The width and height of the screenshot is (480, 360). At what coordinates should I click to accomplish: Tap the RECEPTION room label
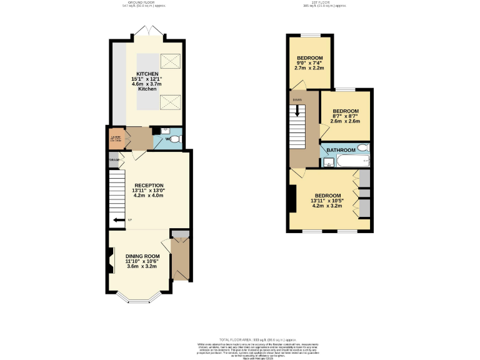tap(149, 185)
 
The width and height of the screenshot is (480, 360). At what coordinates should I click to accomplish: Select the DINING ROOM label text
tap(142, 256)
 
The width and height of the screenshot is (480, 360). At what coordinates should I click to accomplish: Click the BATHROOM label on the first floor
tap(341, 150)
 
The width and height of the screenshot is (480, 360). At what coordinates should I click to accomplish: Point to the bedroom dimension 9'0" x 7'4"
tap(309, 62)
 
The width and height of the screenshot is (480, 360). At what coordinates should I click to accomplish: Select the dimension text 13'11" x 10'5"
tap(327, 201)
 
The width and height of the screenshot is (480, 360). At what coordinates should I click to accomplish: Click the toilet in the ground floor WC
tap(174, 139)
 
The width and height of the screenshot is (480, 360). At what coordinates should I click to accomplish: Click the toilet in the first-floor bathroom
tap(363, 148)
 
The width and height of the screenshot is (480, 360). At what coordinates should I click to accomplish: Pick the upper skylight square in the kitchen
tap(169, 61)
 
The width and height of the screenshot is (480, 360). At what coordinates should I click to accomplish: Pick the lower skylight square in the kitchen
tap(169, 101)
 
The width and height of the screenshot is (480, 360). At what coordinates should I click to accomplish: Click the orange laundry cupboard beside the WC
tap(115, 138)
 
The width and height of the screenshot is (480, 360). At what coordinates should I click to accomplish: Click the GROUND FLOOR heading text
tap(146, 2)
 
